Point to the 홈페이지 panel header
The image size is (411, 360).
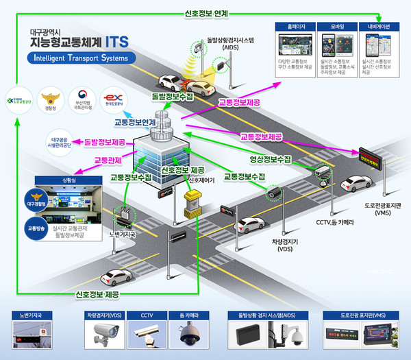point(296,27)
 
